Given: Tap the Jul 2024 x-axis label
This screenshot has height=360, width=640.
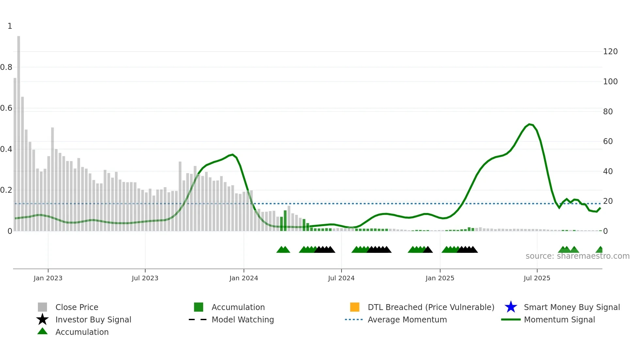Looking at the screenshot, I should point(341,278).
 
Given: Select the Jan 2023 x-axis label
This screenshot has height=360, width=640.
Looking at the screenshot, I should point(48,278).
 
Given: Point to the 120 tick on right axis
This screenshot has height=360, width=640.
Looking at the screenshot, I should point(610,52).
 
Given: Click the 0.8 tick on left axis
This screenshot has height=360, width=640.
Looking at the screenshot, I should point(6,67).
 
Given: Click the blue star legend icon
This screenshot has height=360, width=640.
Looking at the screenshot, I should point(511,307).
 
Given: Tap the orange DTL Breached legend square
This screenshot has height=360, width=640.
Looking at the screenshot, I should point(355,307).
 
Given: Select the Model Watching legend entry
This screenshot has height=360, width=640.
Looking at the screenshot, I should point(243,319).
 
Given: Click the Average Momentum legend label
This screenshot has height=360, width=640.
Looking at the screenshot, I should point(407,319).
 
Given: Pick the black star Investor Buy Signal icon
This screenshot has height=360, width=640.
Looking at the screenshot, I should point(42,319).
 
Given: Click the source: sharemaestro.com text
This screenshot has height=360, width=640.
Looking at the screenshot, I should point(577,256).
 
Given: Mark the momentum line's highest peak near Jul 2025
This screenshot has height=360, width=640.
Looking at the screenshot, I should point(529,124).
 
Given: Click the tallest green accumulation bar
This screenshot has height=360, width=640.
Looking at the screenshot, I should point(285,221).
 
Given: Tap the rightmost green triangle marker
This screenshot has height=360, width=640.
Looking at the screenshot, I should point(600,250).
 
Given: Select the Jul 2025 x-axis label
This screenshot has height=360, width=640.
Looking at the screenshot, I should point(537,278).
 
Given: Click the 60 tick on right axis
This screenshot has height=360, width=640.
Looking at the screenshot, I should point(608,141).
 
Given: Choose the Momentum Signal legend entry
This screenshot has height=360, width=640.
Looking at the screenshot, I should point(559,319).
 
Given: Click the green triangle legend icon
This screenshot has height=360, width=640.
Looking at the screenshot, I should point(42,331).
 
